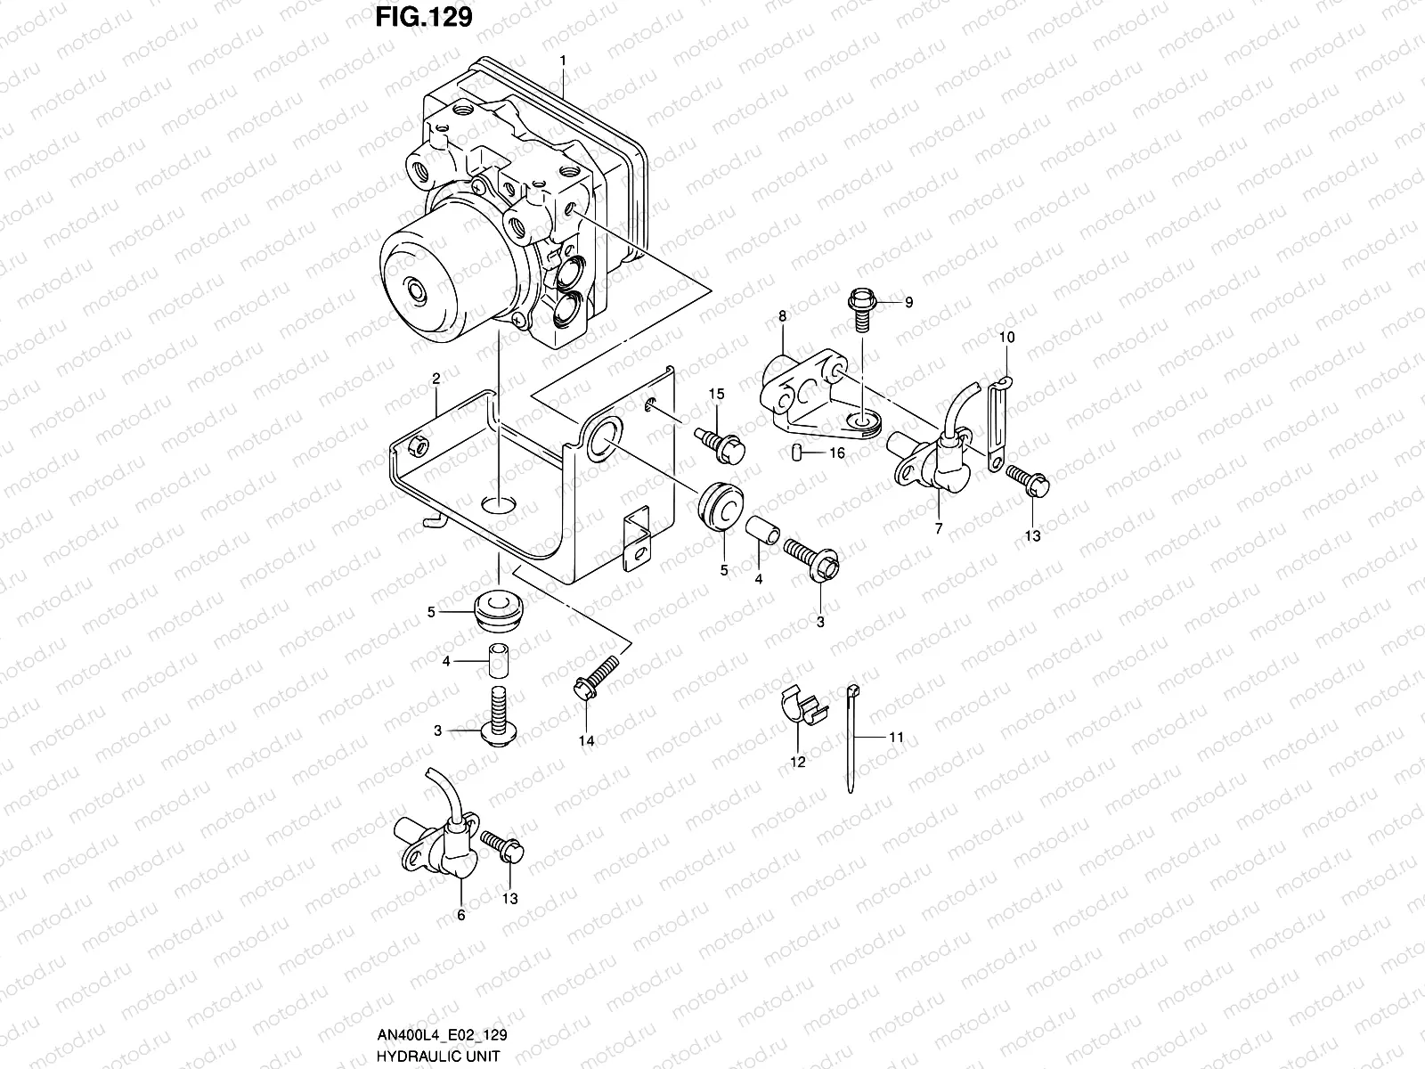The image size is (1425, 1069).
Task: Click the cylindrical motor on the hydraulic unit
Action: tap(419, 283)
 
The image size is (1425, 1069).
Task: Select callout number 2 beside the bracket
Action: tap(436, 379)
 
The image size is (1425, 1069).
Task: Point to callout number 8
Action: tap(782, 316)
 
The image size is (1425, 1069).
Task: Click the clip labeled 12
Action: tap(801, 710)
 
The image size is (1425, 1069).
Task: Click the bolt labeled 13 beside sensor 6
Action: tap(503, 846)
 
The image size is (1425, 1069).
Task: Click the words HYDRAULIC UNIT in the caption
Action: tap(427, 1056)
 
